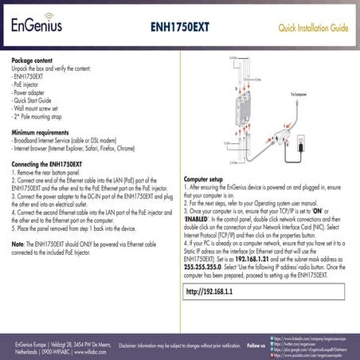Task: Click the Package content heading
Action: (34, 60)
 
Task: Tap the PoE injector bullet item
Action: (29, 82)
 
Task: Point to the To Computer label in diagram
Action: (300, 94)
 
